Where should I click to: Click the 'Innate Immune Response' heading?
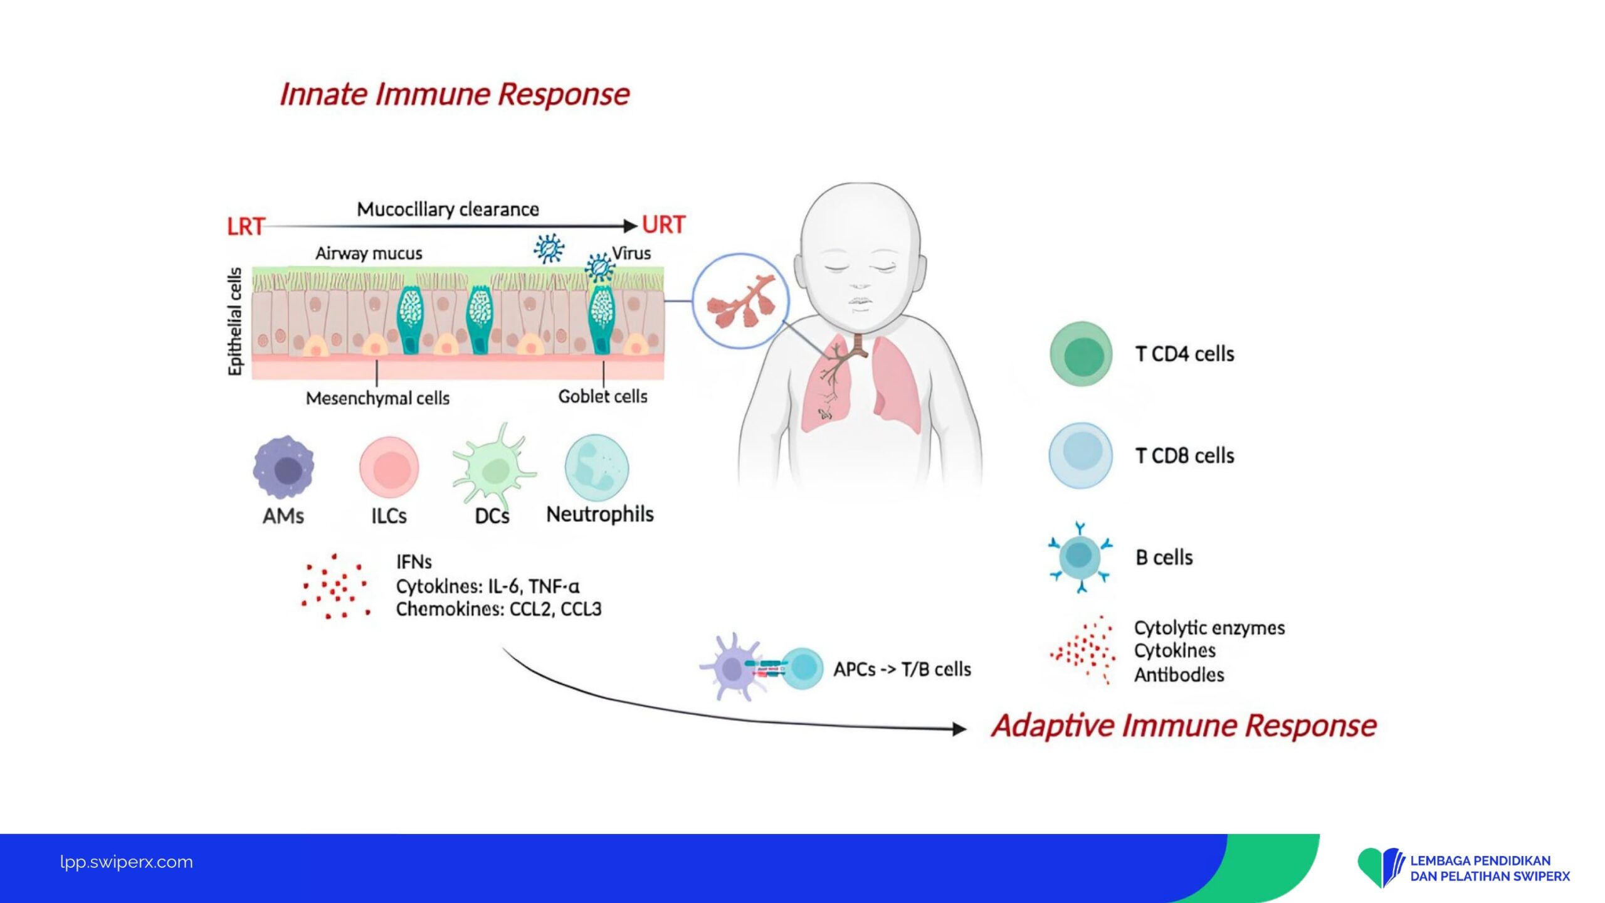click(x=455, y=95)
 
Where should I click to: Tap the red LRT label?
click(x=246, y=226)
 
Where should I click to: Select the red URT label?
click(x=664, y=224)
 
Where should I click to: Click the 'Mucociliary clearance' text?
click(x=448, y=209)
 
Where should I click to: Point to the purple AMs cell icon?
click(x=284, y=467)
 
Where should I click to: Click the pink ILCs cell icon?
click(x=389, y=467)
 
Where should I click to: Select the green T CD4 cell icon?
click(x=1081, y=354)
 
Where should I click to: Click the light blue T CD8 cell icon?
click(x=1081, y=455)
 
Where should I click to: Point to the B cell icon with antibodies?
click(x=1080, y=557)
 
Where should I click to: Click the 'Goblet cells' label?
click(x=603, y=396)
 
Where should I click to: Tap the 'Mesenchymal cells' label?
click(x=377, y=398)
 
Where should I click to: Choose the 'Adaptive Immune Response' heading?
click(x=1184, y=726)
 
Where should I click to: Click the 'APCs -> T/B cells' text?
click(x=902, y=670)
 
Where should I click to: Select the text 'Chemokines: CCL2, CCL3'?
click(x=498, y=609)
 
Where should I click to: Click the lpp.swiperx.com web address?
click(x=127, y=862)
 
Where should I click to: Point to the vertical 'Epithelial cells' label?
click(x=234, y=322)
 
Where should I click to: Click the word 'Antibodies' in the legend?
click(x=1179, y=675)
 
